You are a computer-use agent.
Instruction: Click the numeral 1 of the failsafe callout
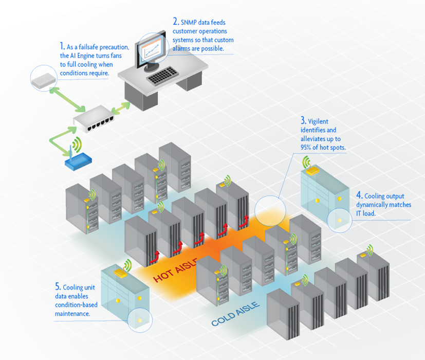[x=62, y=46]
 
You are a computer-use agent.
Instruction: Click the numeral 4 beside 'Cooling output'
[x=359, y=195]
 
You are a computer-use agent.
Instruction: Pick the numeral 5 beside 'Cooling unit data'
[x=57, y=286]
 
